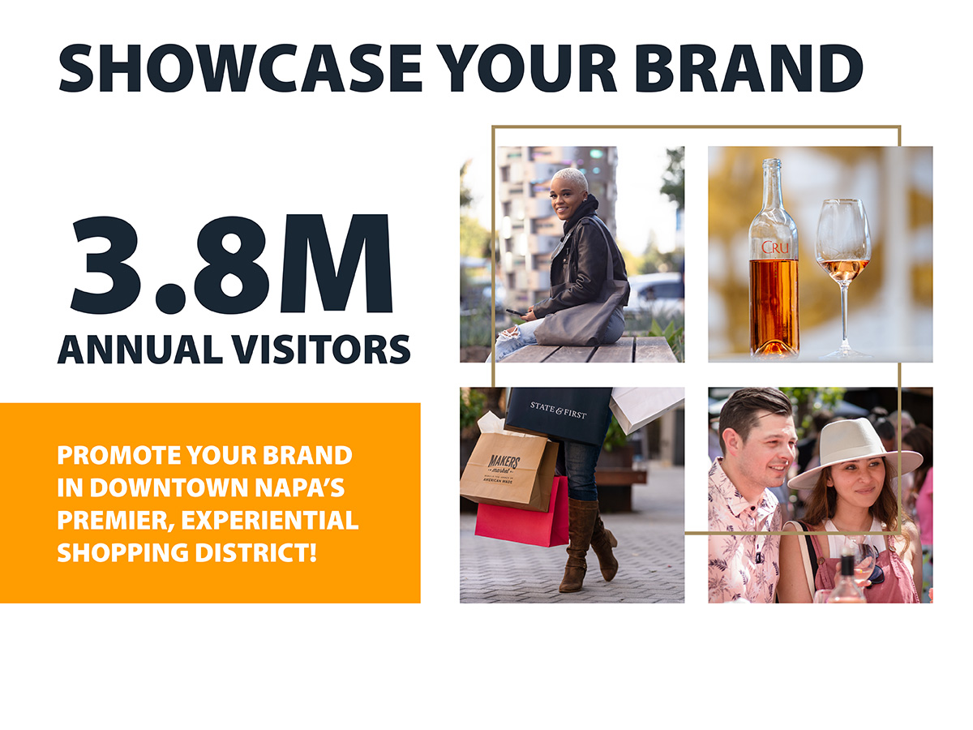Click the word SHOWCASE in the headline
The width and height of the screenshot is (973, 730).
(239, 68)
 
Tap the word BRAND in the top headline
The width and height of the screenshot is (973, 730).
(748, 68)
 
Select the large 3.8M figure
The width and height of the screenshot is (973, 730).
(231, 264)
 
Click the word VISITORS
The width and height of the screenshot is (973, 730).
(321, 350)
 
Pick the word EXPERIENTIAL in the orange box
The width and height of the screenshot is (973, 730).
(269, 520)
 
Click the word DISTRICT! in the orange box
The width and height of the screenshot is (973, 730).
(256, 552)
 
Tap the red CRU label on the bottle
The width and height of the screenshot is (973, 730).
(775, 247)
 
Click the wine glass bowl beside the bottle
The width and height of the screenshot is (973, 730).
(843, 242)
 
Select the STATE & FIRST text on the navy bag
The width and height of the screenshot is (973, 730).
(558, 410)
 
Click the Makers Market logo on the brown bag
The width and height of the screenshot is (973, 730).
(504, 469)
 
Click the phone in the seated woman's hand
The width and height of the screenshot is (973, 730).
(515, 311)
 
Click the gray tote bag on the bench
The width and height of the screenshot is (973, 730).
(581, 319)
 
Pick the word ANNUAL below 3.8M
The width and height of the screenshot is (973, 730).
(140, 350)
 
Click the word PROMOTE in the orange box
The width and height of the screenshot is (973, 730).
(119, 455)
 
